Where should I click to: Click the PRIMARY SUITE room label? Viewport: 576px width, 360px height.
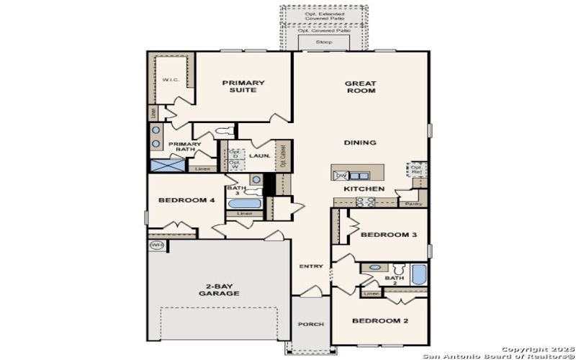tap(243, 87)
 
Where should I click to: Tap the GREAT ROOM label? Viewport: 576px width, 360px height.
tap(360, 87)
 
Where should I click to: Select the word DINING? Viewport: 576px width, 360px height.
tap(360, 143)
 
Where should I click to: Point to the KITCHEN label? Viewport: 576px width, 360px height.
tap(364, 189)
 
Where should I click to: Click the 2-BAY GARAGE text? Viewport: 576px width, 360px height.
tap(219, 291)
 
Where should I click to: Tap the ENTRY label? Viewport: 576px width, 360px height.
tap(311, 266)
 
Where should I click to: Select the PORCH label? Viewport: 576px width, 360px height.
tap(311, 324)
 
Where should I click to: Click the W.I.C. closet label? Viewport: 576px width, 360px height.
tap(171, 80)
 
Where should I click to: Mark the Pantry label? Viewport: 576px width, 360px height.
tap(413, 204)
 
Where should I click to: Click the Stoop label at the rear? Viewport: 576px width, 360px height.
tap(324, 43)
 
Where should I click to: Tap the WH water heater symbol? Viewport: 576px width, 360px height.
tap(157, 246)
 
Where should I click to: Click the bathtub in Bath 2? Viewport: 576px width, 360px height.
tap(419, 275)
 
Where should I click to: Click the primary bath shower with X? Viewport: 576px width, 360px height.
tap(166, 165)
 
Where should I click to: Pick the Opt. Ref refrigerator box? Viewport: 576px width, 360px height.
tap(416, 169)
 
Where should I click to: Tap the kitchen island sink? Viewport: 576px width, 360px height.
tap(357, 175)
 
